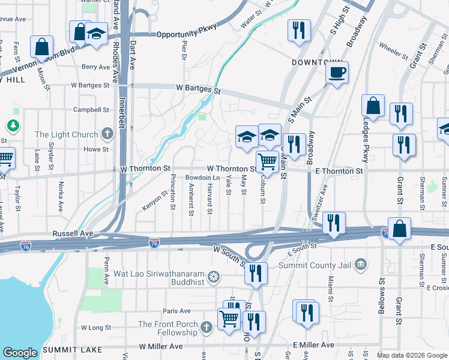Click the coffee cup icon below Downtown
tap(337, 73)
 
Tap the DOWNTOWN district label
tap(317, 62)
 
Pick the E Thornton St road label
tap(339, 171)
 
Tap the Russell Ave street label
tap(73, 233)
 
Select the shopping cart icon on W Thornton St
tap(267, 161)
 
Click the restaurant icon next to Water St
tap(299, 30)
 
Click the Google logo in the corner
tap(20, 353)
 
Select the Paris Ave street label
tap(176, 311)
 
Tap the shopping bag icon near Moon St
tap(42, 46)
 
